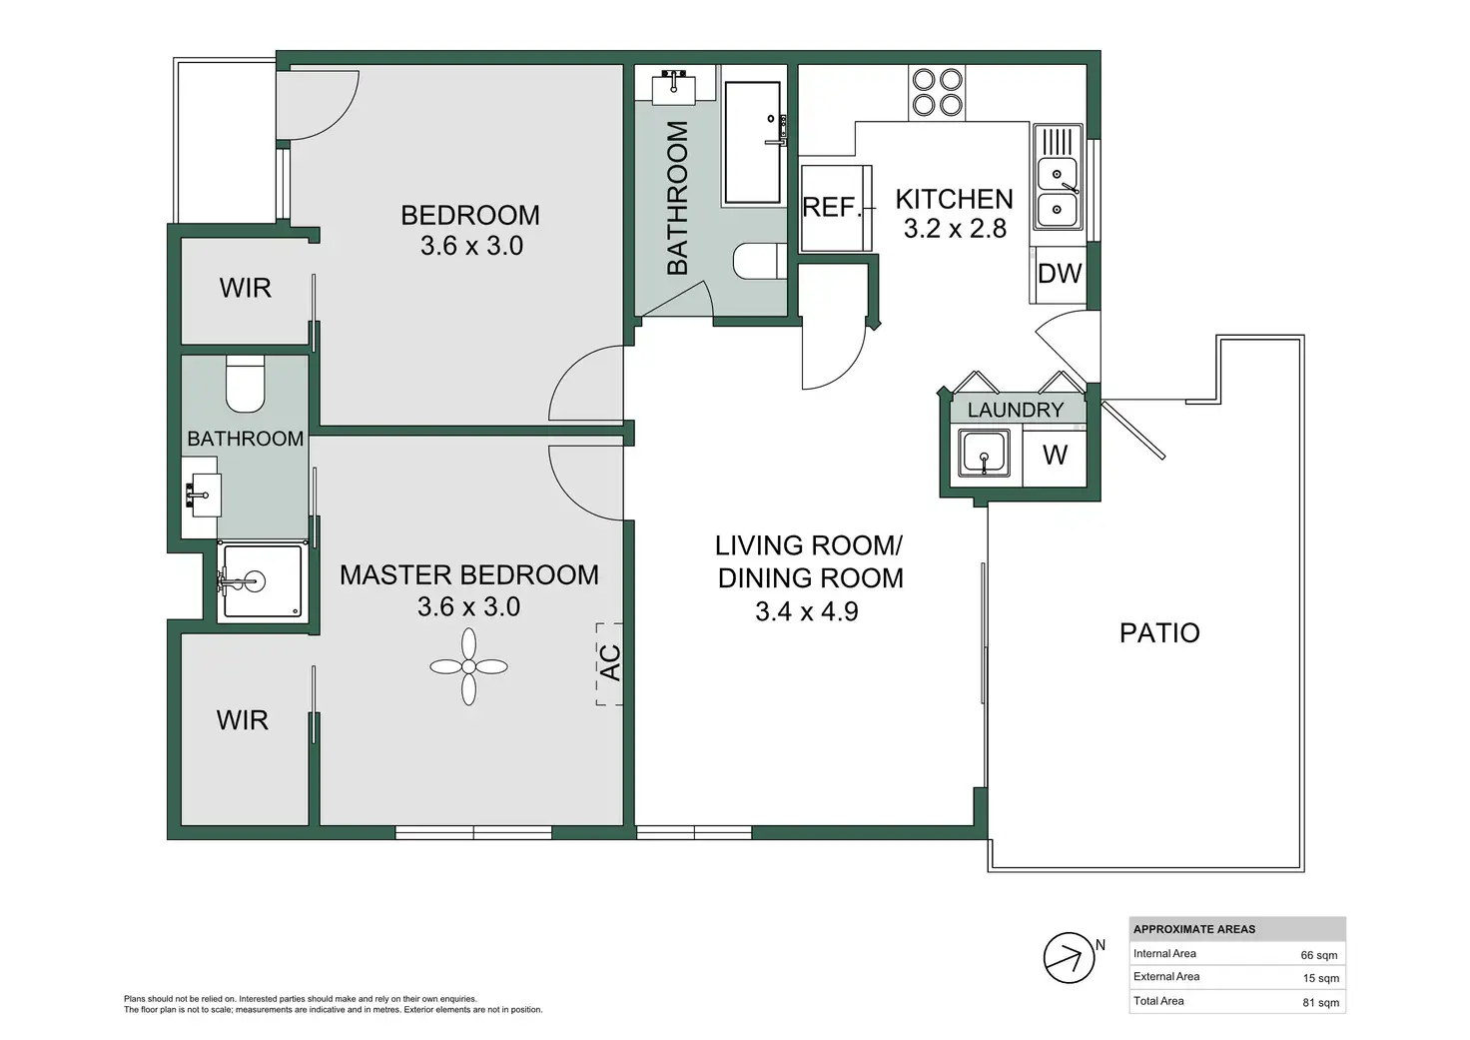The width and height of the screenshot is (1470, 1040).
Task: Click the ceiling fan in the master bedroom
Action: pos(468,666)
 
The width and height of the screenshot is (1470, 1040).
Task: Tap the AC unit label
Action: pos(610,663)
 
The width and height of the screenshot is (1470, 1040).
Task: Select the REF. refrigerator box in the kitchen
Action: pos(836,208)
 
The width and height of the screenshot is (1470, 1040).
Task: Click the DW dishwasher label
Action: pos(1060,273)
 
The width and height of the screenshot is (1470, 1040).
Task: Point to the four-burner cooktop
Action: pos(937,92)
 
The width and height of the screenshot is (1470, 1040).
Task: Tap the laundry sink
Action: pos(984,453)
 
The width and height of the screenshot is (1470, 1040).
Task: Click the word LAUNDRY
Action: pos(1016,410)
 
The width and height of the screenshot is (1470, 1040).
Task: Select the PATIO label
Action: pos(1159,633)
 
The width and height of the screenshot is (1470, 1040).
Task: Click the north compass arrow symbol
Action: pos(1069,958)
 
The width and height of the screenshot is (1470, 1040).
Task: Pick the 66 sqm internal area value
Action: pos(1319,955)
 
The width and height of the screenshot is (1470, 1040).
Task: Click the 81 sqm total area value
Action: pos(1320,1003)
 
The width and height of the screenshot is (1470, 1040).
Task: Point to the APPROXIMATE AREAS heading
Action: pos(1194,929)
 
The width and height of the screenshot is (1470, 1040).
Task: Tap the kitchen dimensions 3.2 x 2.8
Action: pos(955,229)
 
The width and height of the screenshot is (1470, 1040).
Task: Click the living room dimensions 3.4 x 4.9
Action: pos(807,611)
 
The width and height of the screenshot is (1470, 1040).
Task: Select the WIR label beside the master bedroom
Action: pos(242,720)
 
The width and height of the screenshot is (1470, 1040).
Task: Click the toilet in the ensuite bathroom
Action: pos(246,384)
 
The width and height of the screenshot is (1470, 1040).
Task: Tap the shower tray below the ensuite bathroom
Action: pos(263,580)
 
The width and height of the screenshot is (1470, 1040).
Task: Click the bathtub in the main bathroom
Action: pos(753,143)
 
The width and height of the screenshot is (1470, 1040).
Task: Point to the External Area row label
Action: pos(1166,976)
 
